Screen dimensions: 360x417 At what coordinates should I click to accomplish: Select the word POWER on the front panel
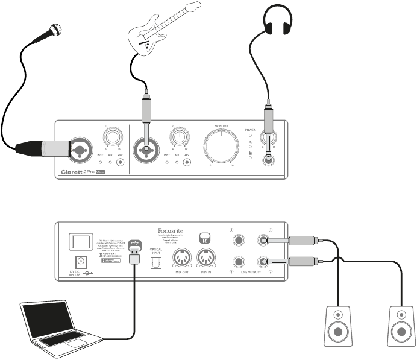(x=251, y=129)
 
